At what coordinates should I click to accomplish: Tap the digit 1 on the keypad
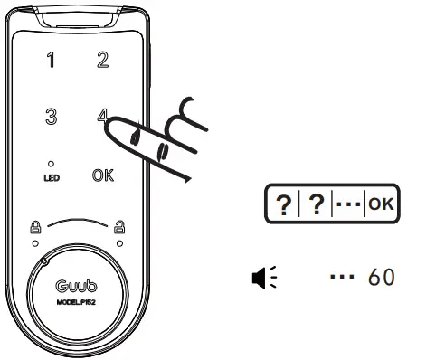[51, 62]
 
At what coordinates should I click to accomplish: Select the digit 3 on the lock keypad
[51, 117]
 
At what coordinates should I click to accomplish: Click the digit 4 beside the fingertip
[100, 116]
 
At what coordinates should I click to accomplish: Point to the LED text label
[51, 178]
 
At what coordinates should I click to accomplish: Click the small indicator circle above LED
[51, 165]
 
